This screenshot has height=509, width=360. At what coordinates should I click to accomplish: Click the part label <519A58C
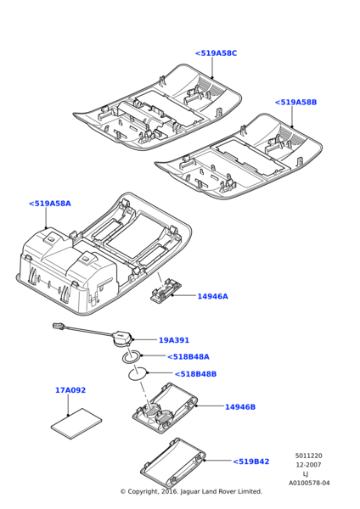[216, 53]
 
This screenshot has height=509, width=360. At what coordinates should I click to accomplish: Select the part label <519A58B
[295, 103]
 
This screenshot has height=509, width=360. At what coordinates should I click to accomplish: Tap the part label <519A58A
[50, 204]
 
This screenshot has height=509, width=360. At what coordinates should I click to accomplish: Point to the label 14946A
[213, 296]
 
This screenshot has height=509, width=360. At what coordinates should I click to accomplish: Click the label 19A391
[174, 340]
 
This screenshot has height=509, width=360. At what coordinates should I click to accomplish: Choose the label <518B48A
[188, 357]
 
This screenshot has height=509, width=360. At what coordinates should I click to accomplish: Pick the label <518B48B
[195, 374]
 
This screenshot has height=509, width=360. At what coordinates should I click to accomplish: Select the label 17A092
[70, 390]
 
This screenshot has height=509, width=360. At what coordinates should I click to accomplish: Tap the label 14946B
[240, 406]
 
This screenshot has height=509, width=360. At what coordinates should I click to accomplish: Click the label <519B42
[251, 461]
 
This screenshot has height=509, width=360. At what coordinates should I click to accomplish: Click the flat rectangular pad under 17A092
[76, 423]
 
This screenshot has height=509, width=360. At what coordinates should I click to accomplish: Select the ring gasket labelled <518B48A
[132, 357]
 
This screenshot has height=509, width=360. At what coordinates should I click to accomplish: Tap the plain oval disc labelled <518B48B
[138, 374]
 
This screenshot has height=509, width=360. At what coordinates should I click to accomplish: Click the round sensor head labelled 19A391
[122, 338]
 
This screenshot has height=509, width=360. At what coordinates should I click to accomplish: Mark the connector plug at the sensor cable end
[59, 326]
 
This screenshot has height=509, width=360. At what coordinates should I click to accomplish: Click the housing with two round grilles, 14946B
[165, 407]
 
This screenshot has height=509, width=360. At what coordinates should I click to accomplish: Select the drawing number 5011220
[309, 456]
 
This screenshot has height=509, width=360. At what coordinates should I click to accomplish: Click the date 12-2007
[309, 465]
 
